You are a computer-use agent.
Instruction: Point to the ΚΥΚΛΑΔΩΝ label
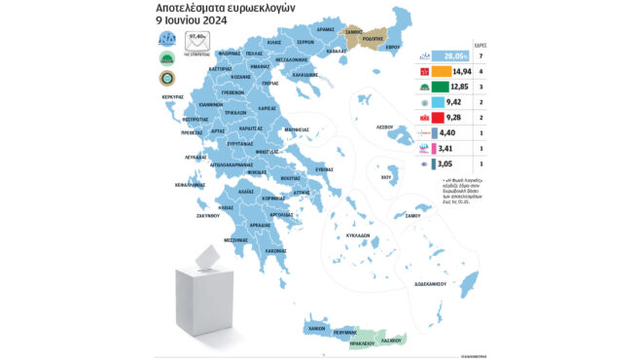point(359,235)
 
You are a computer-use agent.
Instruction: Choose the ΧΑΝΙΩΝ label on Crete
point(315,329)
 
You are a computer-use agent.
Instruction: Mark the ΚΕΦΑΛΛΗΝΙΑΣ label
point(191,183)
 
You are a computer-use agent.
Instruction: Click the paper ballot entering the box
point(207,256)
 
